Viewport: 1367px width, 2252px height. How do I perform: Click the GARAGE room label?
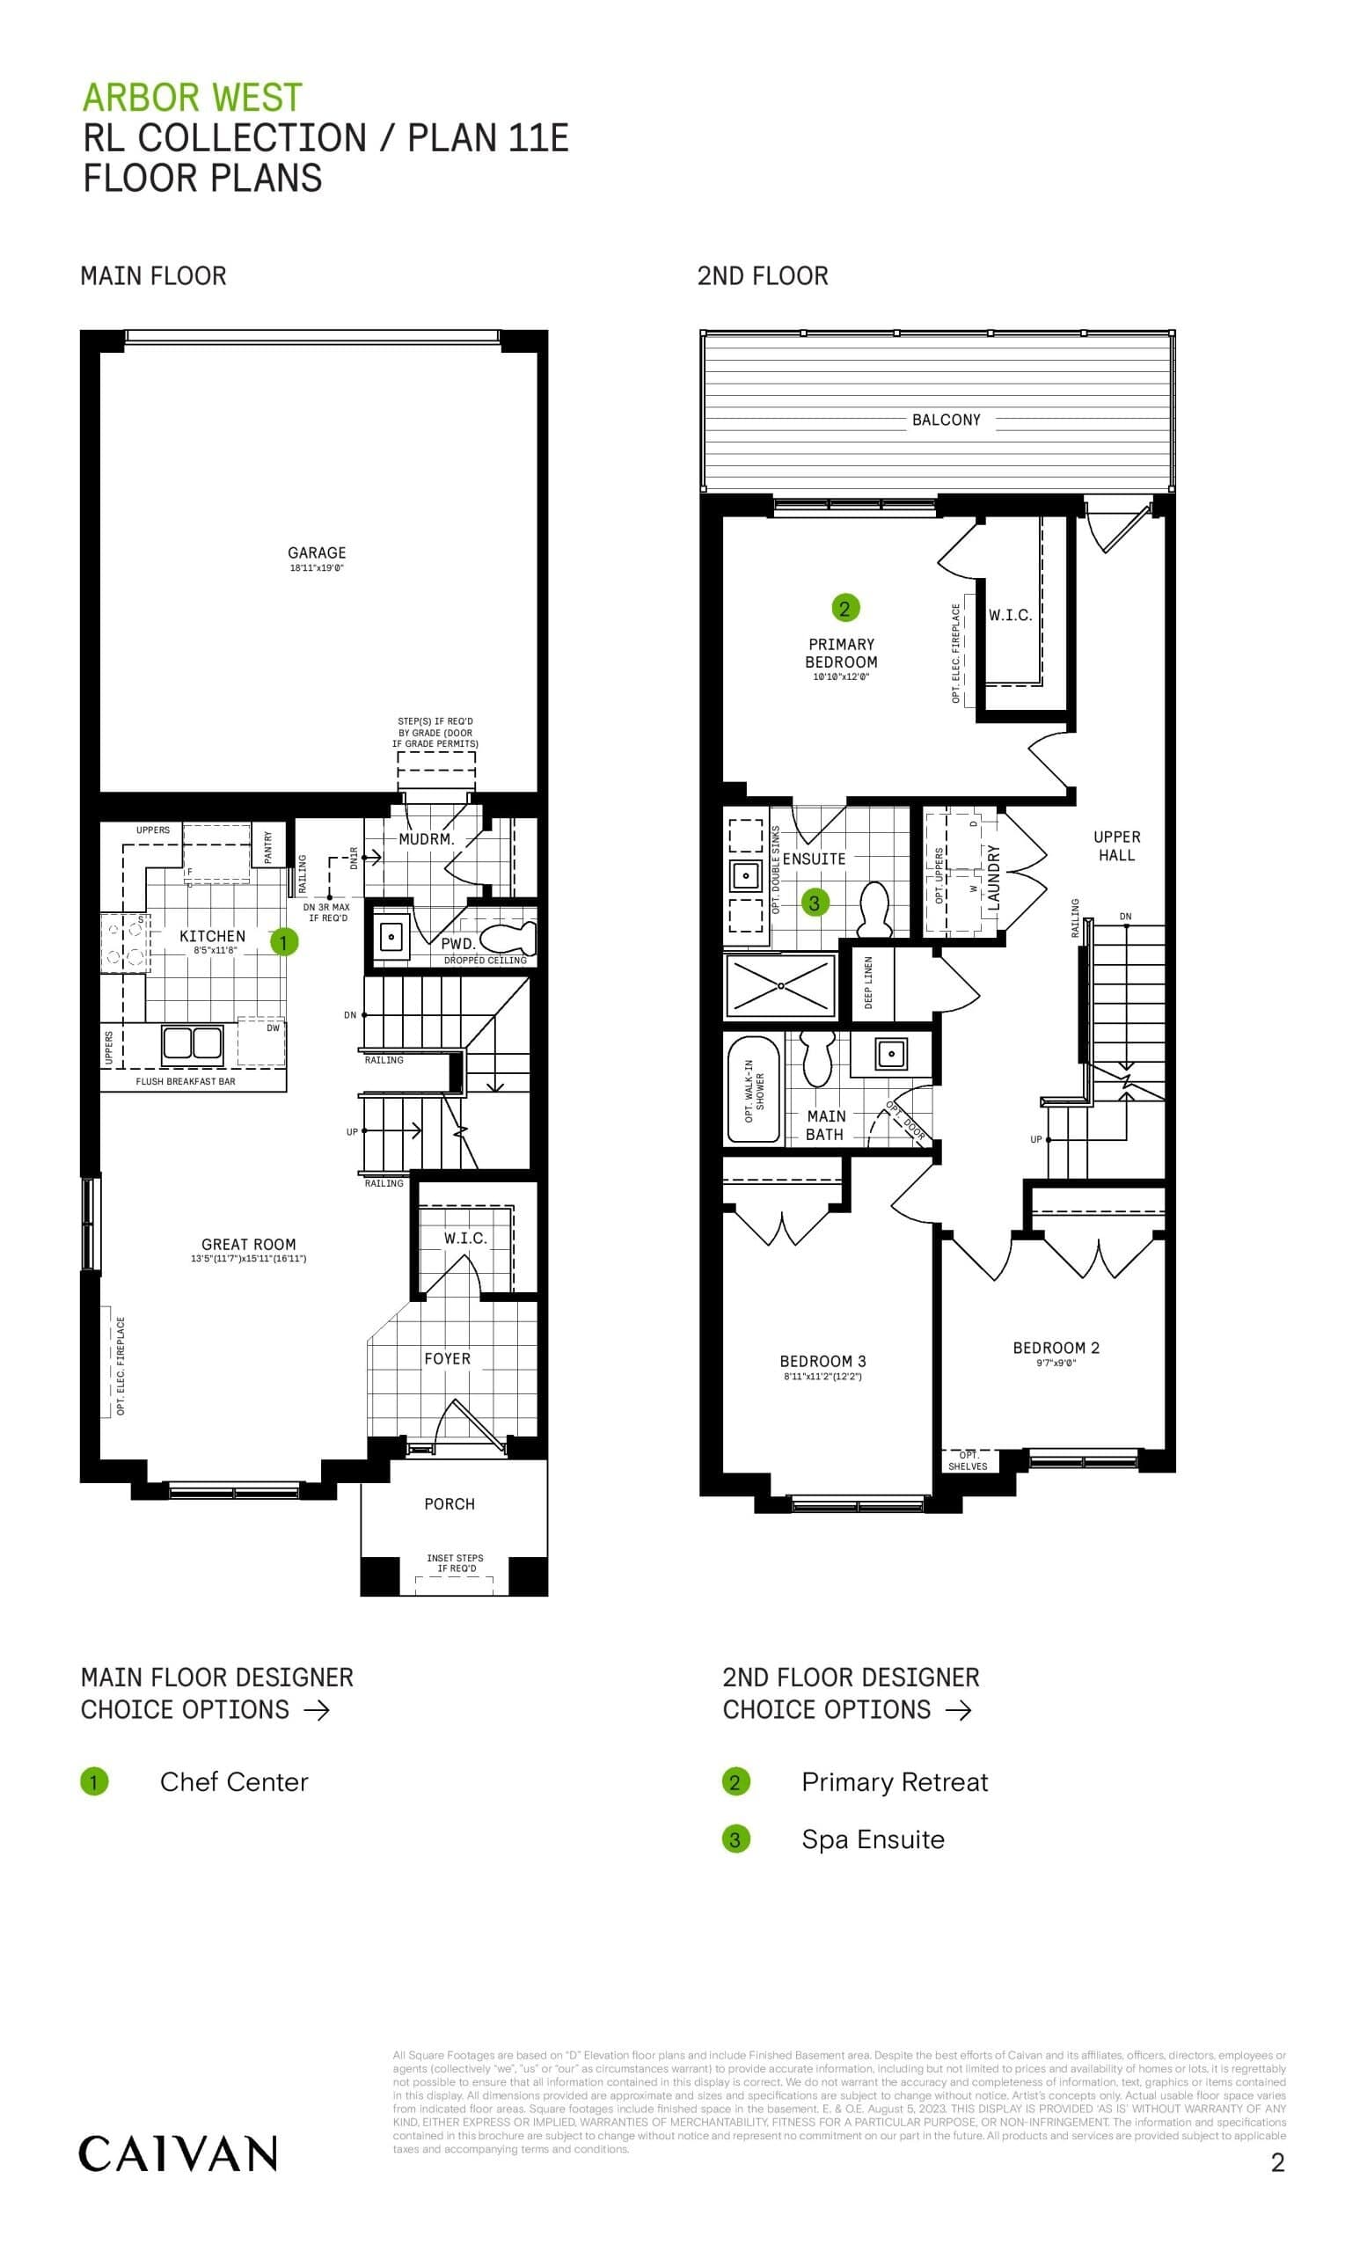316,553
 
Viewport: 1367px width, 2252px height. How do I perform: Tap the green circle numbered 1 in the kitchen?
283,941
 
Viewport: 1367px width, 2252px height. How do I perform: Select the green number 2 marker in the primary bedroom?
844,608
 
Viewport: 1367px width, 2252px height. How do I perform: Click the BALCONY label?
945,420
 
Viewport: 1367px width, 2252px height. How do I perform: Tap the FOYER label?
447,1358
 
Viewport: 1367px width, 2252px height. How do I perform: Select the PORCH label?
449,1503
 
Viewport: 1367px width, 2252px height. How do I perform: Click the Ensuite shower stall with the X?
780,985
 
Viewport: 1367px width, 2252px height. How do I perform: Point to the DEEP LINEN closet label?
868,982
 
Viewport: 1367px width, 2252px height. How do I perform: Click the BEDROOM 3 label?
822,1361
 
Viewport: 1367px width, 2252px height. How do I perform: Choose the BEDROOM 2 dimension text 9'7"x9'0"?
1056,1364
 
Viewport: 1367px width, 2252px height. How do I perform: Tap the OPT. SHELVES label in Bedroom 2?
967,1460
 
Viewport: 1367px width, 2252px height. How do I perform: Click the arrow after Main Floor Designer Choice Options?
316,1710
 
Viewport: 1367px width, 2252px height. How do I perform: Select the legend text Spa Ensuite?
873,1839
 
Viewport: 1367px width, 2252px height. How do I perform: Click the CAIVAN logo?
178,2154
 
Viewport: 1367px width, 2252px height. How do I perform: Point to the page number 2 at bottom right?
1277,2162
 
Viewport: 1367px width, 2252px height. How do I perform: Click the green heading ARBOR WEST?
192,97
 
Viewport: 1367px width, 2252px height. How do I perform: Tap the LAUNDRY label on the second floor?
994,876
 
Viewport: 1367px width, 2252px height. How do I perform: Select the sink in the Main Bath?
891,1054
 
